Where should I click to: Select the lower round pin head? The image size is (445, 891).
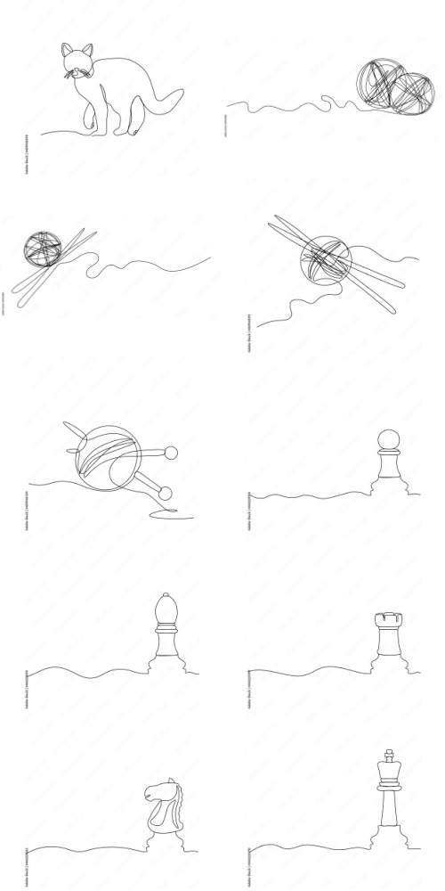[165, 491]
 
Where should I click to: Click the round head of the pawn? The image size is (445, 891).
[387, 438]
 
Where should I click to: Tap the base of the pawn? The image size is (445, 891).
[388, 486]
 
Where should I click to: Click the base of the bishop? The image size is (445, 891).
[166, 662]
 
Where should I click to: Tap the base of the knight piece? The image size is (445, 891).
[161, 838]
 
